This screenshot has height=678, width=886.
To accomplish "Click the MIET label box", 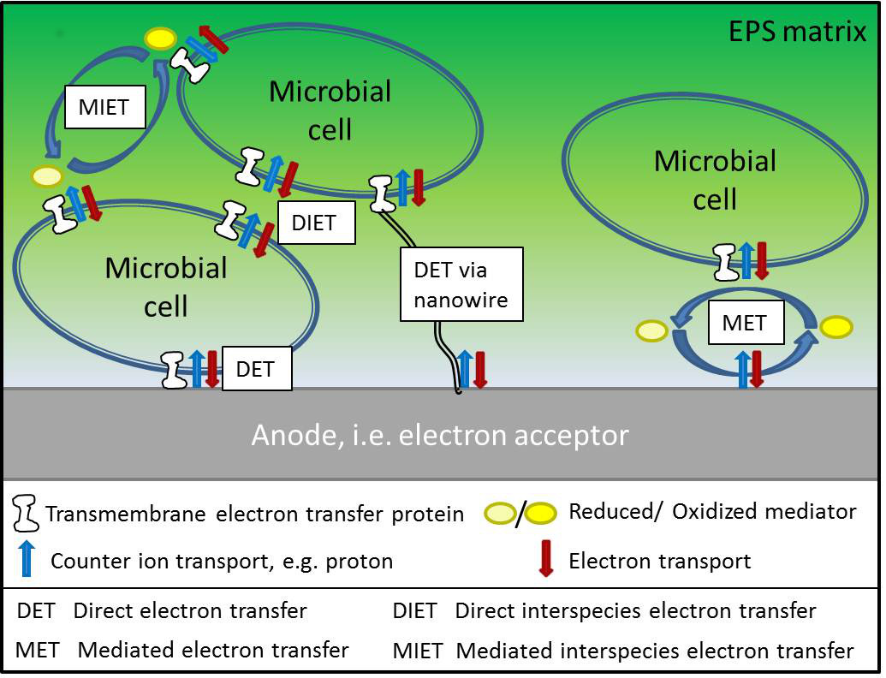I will [x=104, y=107].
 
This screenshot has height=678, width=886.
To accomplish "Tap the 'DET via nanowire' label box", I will [x=461, y=284].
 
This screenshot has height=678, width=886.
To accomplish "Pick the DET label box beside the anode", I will [x=256, y=368].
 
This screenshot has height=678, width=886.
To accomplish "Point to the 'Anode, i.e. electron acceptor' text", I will [x=440, y=436].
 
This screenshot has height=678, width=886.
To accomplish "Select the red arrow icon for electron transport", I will [x=544, y=560].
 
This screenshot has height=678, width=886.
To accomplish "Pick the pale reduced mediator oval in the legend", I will [x=501, y=513].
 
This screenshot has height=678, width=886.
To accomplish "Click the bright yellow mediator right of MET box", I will [x=835, y=326].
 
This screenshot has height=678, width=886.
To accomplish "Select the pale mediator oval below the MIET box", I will [x=47, y=176].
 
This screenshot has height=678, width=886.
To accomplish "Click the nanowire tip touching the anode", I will [x=458, y=390].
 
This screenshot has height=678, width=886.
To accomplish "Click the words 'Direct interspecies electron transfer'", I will [x=635, y=611].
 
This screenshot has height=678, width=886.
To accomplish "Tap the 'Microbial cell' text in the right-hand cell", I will [x=715, y=179].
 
